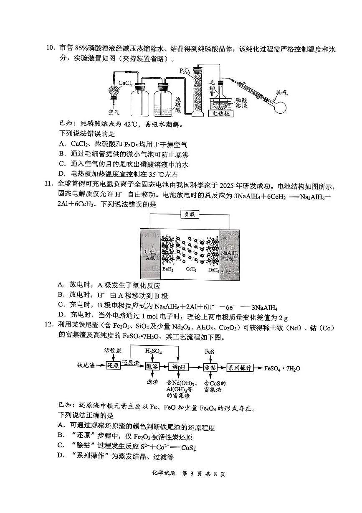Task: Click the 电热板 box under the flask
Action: pos(220,113)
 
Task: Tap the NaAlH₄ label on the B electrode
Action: pos(230,253)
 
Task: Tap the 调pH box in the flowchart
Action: pos(178,368)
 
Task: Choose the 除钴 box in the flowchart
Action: pos(210,368)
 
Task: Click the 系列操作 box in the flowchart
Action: pos(240,368)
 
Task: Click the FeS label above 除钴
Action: pos(210,352)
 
